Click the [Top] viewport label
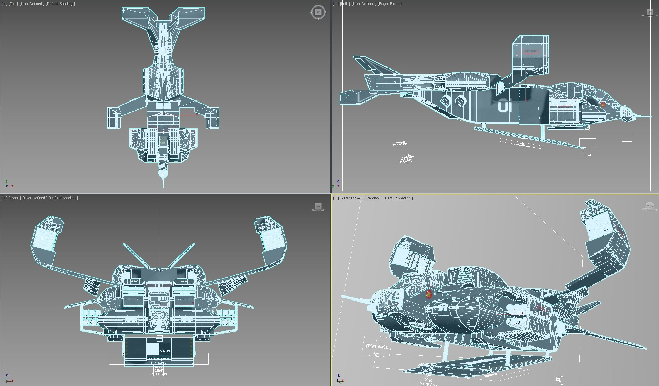coord(13,4)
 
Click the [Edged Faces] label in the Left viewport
coord(389,4)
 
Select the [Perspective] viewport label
coord(351,198)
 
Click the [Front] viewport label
coord(14,198)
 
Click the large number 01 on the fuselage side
coord(505,106)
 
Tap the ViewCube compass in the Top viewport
coord(318,12)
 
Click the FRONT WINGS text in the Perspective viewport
coord(377,347)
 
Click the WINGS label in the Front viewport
coord(165,351)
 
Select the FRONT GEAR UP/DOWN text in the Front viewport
coord(159,361)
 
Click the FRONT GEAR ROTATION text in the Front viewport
coord(159,371)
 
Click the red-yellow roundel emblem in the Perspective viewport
coord(429,294)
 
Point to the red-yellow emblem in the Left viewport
coord(603,105)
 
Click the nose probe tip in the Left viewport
coord(650,116)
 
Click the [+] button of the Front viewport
coord(4,198)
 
